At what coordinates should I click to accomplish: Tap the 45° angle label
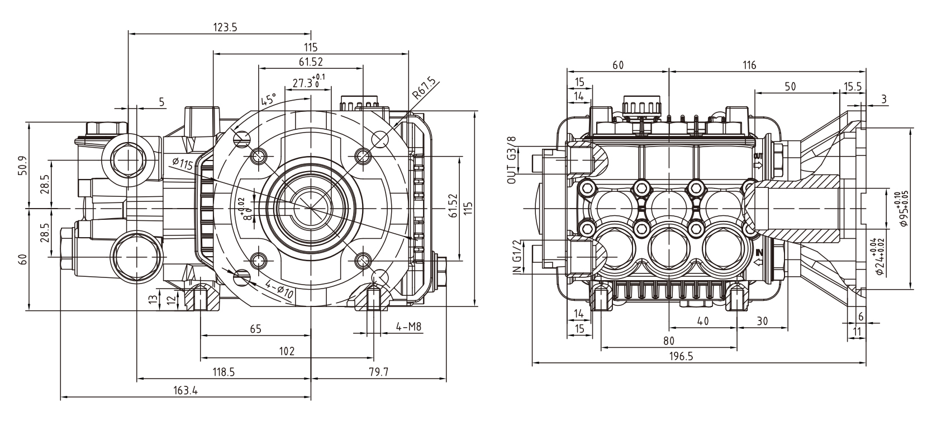269,100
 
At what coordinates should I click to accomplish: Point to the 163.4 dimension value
184,391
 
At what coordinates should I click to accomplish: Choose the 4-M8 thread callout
408,327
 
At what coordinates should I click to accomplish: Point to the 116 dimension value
749,65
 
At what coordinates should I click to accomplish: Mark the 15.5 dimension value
853,87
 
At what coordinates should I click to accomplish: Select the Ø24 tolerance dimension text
883,257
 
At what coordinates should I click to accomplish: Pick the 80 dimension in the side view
668,341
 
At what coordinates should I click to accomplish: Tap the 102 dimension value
286,351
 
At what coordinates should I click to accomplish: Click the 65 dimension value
255,329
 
